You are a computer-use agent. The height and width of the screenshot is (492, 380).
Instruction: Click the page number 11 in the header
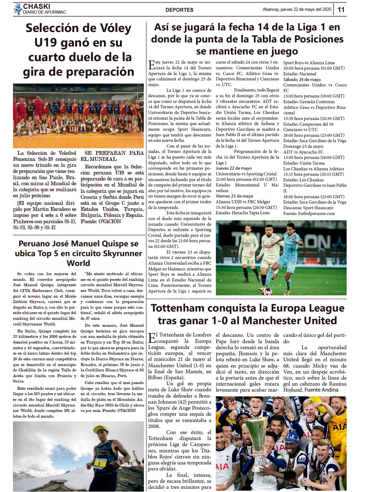pyautogui.click(x=341, y=9)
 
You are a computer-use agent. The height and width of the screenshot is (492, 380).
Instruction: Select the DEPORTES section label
pyautogui.click(x=179, y=10)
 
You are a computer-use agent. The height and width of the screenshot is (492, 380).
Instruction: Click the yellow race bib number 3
pyautogui.click(x=99, y=464)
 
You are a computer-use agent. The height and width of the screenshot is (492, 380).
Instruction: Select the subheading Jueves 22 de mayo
pyautogui.click(x=234, y=168)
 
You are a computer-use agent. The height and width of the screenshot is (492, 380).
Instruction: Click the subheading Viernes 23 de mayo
pyautogui.click(x=234, y=196)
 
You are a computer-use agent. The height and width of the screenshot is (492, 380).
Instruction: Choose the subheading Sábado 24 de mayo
pyautogui.click(x=302, y=79)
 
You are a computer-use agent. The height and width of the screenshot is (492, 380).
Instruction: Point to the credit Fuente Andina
pyautogui.click(x=321, y=390)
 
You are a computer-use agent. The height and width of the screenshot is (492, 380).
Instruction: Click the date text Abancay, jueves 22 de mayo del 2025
pyautogui.click(x=297, y=9)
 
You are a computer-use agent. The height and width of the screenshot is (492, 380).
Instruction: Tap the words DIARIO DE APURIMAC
pyautogui.click(x=45, y=12)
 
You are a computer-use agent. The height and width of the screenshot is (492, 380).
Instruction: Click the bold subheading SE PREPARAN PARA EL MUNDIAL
pyautogui.click(x=112, y=156)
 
